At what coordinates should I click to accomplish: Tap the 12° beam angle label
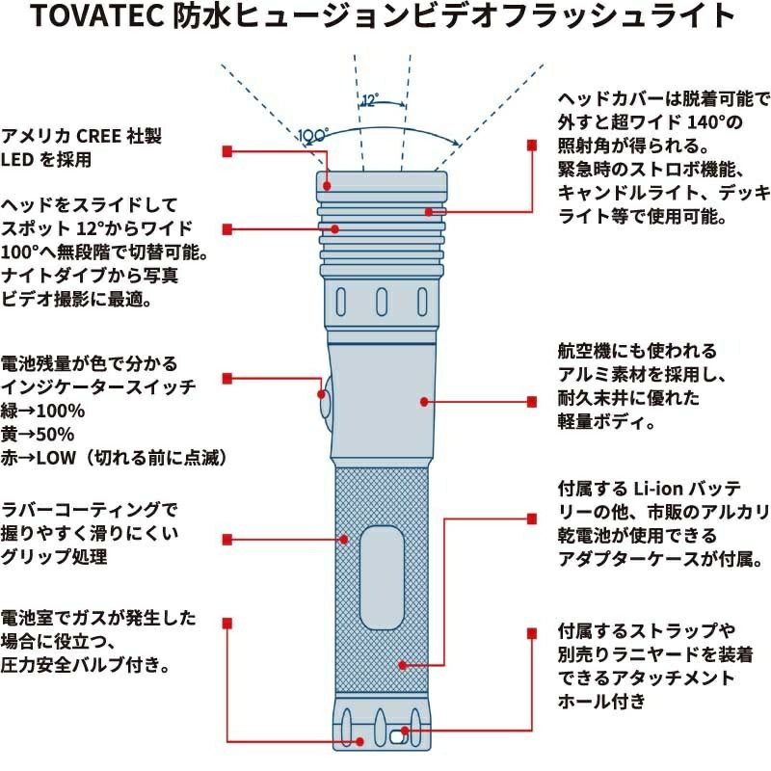tap(369, 100)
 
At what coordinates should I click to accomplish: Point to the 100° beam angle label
tap(313, 135)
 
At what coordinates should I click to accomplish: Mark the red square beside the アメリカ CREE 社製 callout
tap(226, 151)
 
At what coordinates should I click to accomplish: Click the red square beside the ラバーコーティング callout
tap(226, 538)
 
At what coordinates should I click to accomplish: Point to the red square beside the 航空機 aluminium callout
tap(530, 400)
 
